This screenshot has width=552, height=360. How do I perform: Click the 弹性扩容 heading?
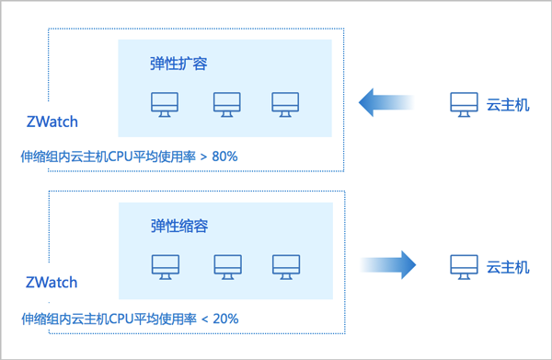[x=178, y=64]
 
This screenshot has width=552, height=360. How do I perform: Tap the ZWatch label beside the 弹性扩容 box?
[x=52, y=122]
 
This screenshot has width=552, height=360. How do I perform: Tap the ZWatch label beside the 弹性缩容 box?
[x=52, y=283]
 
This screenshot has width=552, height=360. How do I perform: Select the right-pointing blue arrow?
[x=387, y=265]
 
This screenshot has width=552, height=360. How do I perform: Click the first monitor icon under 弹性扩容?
[x=165, y=103]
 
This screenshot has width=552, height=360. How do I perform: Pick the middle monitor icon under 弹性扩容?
[x=226, y=103]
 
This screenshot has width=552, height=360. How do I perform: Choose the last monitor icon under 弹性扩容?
[x=285, y=103]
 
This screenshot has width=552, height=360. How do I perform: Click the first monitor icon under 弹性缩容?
[x=165, y=266]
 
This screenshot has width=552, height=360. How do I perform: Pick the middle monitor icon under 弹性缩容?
[x=226, y=266]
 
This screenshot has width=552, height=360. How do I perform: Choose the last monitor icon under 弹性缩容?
[x=285, y=266]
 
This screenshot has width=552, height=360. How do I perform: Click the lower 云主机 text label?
[x=508, y=267]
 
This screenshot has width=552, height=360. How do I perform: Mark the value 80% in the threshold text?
[x=224, y=157]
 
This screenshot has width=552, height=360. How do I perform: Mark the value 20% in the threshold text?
[x=224, y=319]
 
